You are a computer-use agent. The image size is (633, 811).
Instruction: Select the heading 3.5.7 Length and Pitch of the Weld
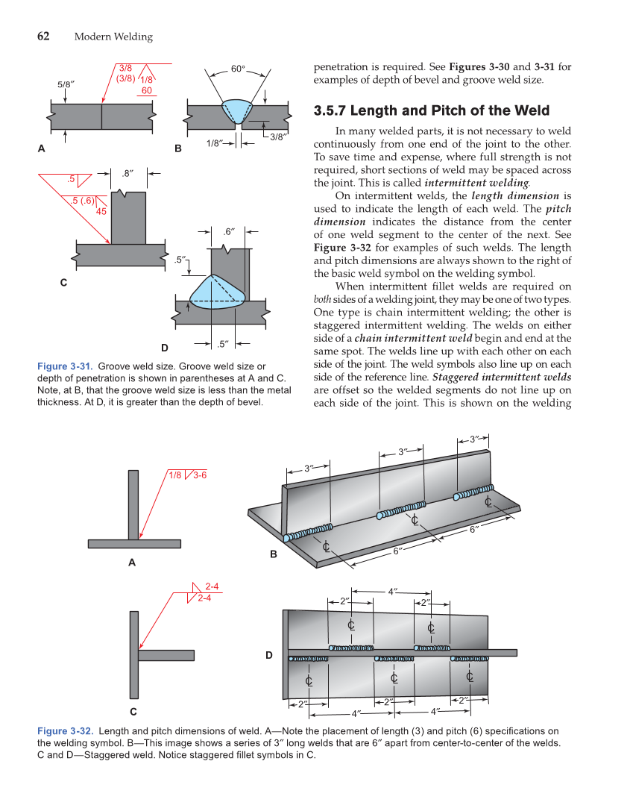pyautogui.click(x=432, y=111)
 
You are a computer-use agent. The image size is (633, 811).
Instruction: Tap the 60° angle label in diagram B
pyautogui.click(x=237, y=69)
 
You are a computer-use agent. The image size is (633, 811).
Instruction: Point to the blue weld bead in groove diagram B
pyautogui.click(x=238, y=112)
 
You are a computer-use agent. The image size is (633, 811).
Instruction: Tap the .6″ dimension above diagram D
pyautogui.click(x=230, y=231)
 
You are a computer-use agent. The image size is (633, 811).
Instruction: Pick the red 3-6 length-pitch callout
pyautogui.click(x=200, y=475)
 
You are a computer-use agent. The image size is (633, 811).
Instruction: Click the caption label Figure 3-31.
pyautogui.click(x=64, y=366)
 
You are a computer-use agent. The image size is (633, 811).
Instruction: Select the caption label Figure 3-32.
pyautogui.click(x=64, y=731)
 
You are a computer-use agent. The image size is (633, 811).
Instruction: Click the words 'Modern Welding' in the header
pyautogui.click(x=113, y=37)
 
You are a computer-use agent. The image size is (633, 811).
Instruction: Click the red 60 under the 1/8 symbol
pyautogui.click(x=147, y=90)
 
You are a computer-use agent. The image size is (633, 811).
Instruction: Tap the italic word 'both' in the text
pyautogui.click(x=324, y=299)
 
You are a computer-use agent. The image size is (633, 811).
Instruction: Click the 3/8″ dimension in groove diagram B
pyautogui.click(x=277, y=136)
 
